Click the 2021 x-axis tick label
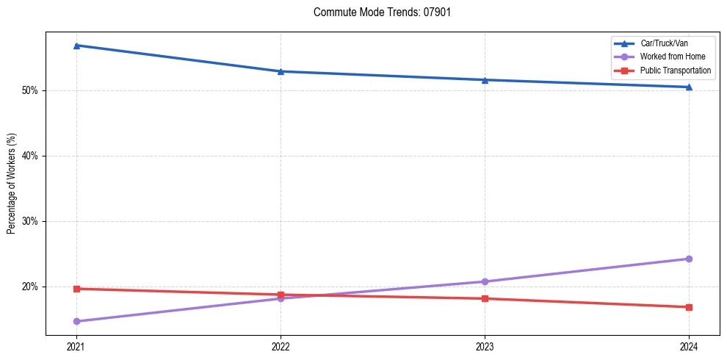(76, 345)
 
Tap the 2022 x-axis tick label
(281, 345)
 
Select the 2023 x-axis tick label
(485, 345)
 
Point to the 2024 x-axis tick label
(689, 345)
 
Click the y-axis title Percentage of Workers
(12, 184)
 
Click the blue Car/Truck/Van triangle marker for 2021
(76, 46)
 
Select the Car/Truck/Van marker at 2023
(485, 79)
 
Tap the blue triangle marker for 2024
(689, 87)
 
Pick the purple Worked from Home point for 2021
(76, 321)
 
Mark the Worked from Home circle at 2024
(689, 259)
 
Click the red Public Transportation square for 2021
(76, 289)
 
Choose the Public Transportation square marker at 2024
(689, 307)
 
